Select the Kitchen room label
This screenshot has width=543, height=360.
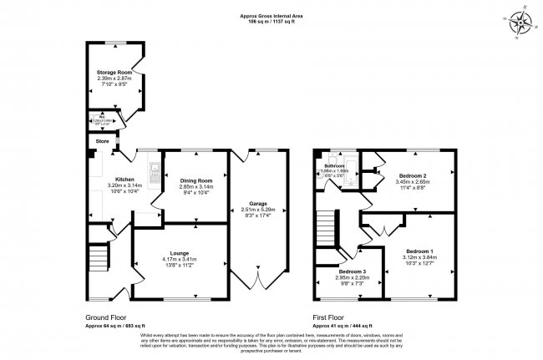124,179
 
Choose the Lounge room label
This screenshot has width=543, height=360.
180,253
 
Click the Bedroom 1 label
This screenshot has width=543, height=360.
420,251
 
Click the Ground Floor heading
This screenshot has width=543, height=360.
104,317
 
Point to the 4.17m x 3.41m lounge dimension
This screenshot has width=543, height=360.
180,260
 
